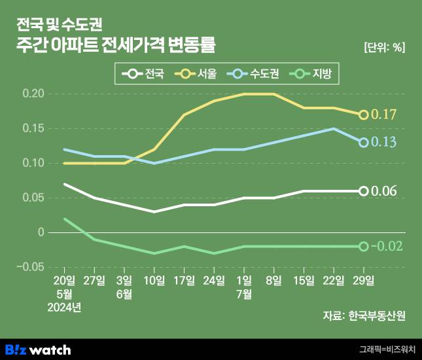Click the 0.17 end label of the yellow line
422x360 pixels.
tap(384, 115)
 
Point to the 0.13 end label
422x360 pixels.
tap(384, 143)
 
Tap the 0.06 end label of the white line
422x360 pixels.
tap(384, 191)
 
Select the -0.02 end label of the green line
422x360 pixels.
tap(386, 247)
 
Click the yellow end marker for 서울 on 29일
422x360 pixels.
tap(364, 115)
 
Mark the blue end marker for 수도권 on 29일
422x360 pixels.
tap(364, 143)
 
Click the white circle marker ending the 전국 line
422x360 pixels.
tap(364, 191)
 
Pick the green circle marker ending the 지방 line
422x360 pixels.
tap(364, 247)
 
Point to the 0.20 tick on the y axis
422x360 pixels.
tap(33, 94)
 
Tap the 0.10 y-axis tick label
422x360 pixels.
tap(33, 163)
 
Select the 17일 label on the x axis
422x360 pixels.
tap(184, 281)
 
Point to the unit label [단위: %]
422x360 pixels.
tap(384, 47)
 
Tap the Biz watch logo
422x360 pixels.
tap(37, 350)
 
